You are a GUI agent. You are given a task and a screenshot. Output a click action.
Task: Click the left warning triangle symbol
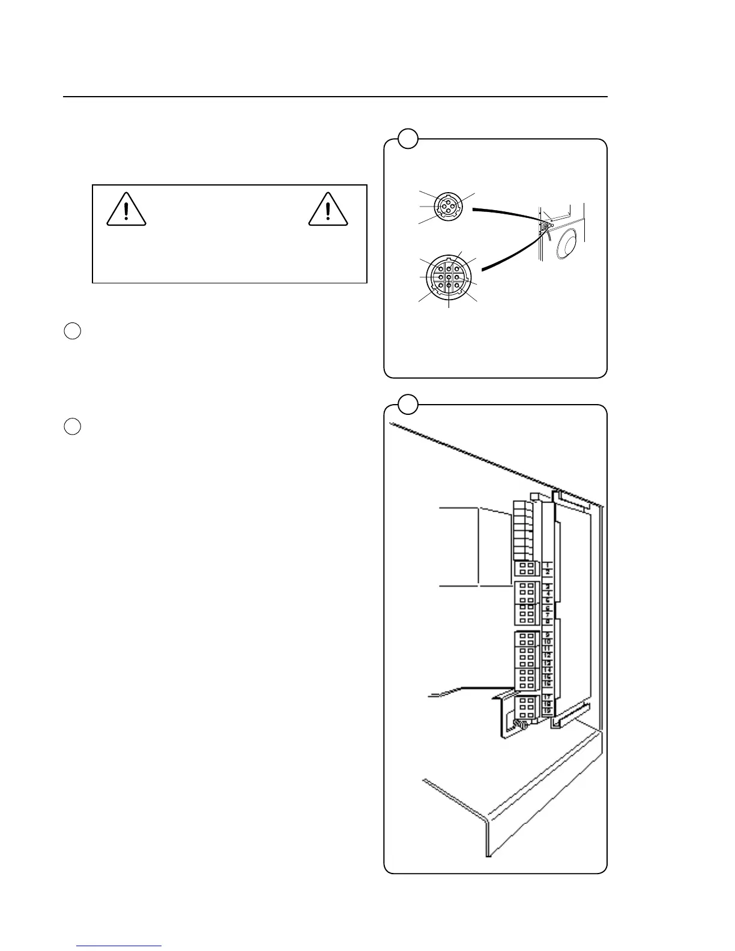[126, 210]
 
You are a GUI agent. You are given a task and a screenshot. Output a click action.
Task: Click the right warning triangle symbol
[328, 210]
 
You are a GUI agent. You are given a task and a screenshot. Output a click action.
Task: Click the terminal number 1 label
[548, 565]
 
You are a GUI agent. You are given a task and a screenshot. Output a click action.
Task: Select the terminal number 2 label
[548, 572]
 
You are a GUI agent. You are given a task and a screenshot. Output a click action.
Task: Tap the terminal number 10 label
[548, 642]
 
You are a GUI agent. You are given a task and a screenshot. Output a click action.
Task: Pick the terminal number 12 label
[548, 656]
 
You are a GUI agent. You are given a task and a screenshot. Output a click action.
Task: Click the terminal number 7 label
[548, 614]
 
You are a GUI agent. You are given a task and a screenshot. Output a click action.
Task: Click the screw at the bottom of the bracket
[522, 726]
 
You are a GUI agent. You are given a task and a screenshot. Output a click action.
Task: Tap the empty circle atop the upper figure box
[408, 139]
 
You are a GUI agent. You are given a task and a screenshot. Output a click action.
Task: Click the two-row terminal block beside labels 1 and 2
[527, 569]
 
